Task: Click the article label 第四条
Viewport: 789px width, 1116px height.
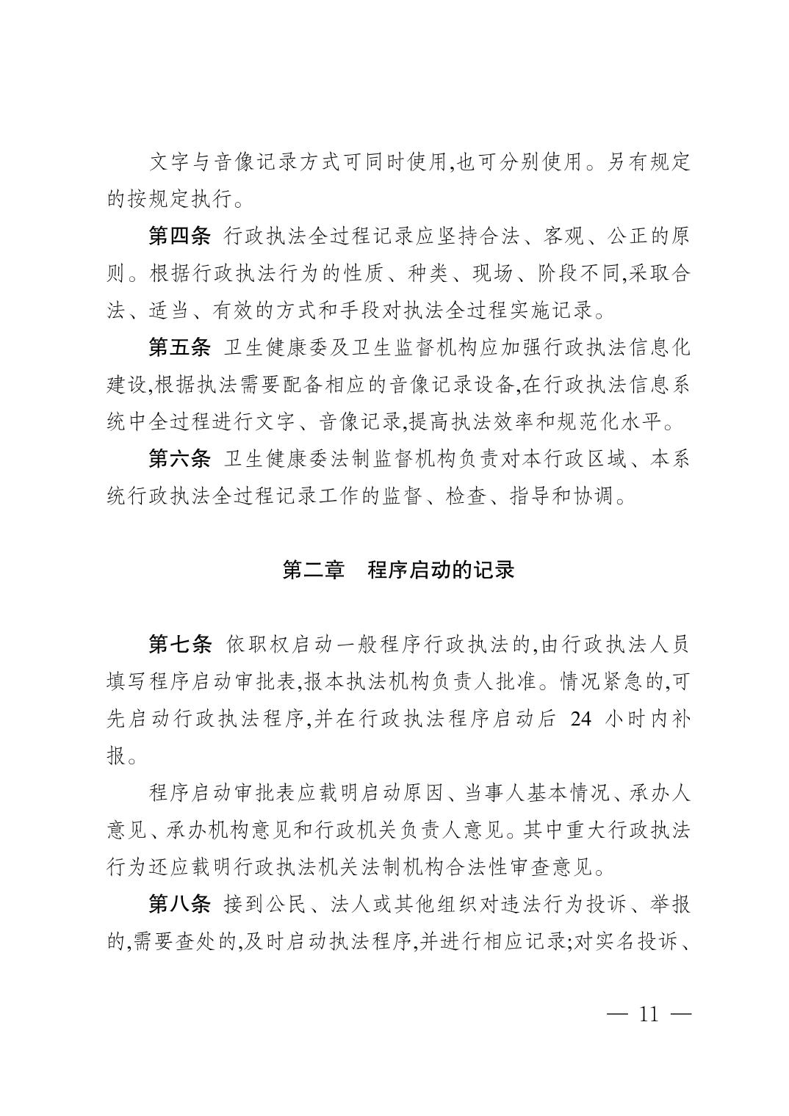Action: pos(179,237)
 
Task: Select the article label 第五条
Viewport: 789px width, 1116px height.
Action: pos(179,347)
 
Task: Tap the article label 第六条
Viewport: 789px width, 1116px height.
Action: pos(179,460)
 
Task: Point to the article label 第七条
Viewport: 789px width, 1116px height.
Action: pos(179,645)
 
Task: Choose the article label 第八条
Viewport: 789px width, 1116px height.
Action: pos(179,905)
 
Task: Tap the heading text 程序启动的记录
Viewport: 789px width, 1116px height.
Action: pos(440,570)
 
